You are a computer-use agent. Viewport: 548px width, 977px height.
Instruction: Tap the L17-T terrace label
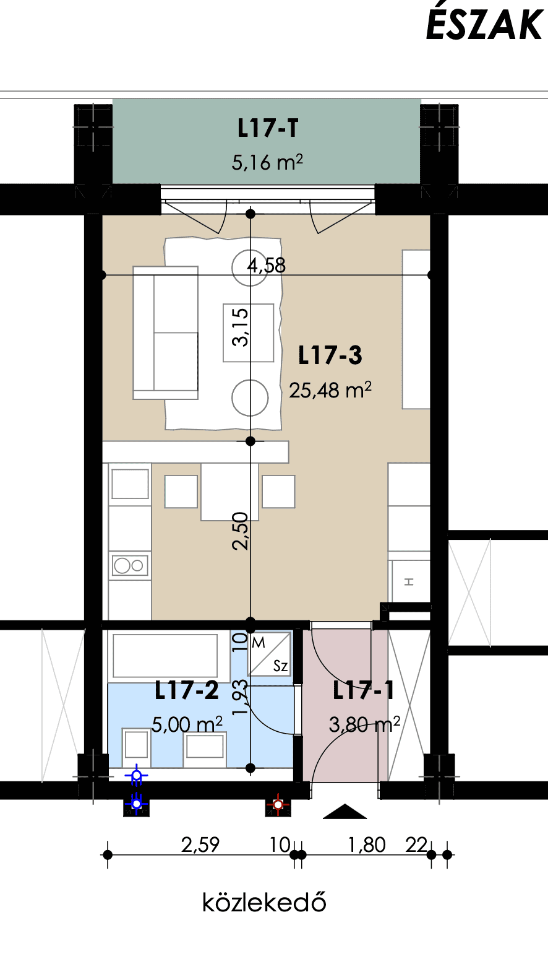(268, 128)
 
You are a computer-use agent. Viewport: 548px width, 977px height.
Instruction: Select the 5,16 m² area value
(267, 162)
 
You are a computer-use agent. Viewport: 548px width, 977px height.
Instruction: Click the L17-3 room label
(330, 355)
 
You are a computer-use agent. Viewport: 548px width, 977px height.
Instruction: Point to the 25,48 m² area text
(330, 390)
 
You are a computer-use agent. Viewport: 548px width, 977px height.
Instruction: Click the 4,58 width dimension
(267, 265)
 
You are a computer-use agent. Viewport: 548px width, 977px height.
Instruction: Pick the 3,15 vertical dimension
(240, 327)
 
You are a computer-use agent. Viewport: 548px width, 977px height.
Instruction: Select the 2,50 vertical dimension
(240, 531)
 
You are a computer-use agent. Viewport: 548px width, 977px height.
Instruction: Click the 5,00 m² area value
(187, 724)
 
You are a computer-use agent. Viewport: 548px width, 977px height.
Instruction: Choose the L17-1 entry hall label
(363, 690)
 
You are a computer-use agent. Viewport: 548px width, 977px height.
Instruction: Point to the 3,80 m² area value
(364, 724)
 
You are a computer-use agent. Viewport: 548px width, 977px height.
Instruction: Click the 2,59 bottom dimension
(200, 845)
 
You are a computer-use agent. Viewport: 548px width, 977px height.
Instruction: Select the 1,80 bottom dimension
(367, 845)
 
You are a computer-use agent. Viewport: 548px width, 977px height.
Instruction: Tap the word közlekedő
(265, 902)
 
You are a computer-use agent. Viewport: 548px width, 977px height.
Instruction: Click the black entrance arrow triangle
(345, 811)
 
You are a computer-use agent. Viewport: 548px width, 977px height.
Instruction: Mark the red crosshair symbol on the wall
(278, 804)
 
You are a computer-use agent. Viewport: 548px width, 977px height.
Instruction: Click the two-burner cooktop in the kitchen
(130, 566)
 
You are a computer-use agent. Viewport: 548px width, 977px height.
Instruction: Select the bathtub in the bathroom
(165, 656)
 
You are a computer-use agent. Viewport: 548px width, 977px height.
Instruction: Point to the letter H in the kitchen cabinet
(409, 581)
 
